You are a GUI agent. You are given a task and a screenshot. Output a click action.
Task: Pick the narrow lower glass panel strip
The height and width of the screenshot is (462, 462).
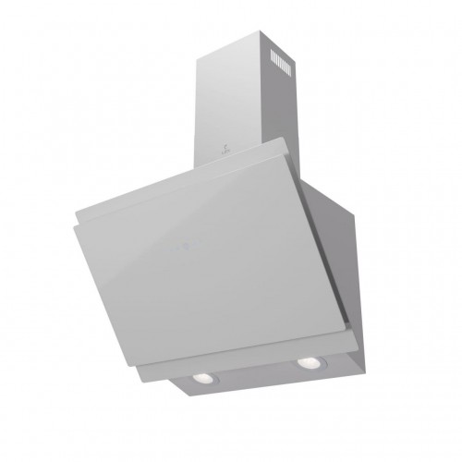[249, 356]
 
